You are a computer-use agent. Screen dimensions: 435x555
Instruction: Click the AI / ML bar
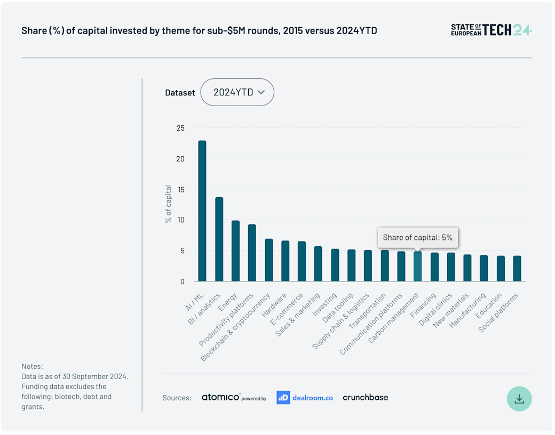click(202, 211)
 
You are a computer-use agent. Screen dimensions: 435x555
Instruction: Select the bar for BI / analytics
click(219, 239)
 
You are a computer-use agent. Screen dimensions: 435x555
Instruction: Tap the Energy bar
click(235, 251)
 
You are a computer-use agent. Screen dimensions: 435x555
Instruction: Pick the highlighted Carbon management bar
click(417, 266)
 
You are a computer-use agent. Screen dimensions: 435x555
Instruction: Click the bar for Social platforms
click(517, 268)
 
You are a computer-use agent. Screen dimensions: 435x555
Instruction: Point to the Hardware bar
click(285, 261)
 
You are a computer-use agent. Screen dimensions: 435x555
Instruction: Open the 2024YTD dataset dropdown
click(237, 92)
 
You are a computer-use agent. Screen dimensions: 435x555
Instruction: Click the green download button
click(519, 399)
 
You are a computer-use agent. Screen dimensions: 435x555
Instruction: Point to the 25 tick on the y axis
click(180, 128)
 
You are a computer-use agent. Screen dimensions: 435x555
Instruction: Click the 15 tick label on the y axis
click(180, 189)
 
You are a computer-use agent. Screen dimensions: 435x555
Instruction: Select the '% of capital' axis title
click(169, 204)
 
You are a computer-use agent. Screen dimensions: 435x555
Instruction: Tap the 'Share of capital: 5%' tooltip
click(418, 237)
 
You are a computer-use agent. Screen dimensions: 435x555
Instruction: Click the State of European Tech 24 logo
click(491, 30)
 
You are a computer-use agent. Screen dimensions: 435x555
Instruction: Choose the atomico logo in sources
click(221, 397)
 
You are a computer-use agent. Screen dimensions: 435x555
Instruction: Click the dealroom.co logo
click(305, 397)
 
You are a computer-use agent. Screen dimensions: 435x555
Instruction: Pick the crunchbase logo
click(366, 397)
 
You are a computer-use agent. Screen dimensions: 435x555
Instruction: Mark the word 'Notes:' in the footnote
click(32, 366)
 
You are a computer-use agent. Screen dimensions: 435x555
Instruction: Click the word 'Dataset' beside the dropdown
click(180, 93)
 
